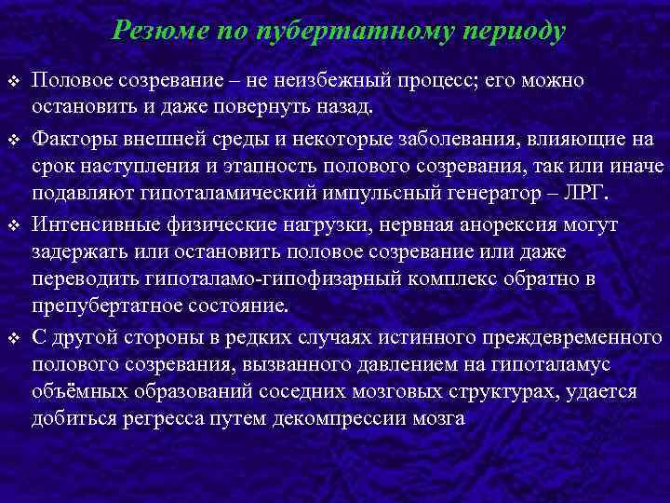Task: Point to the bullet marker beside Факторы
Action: (14, 141)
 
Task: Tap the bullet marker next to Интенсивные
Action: (14, 226)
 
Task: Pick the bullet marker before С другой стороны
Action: (14, 335)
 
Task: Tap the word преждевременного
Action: (566, 335)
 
